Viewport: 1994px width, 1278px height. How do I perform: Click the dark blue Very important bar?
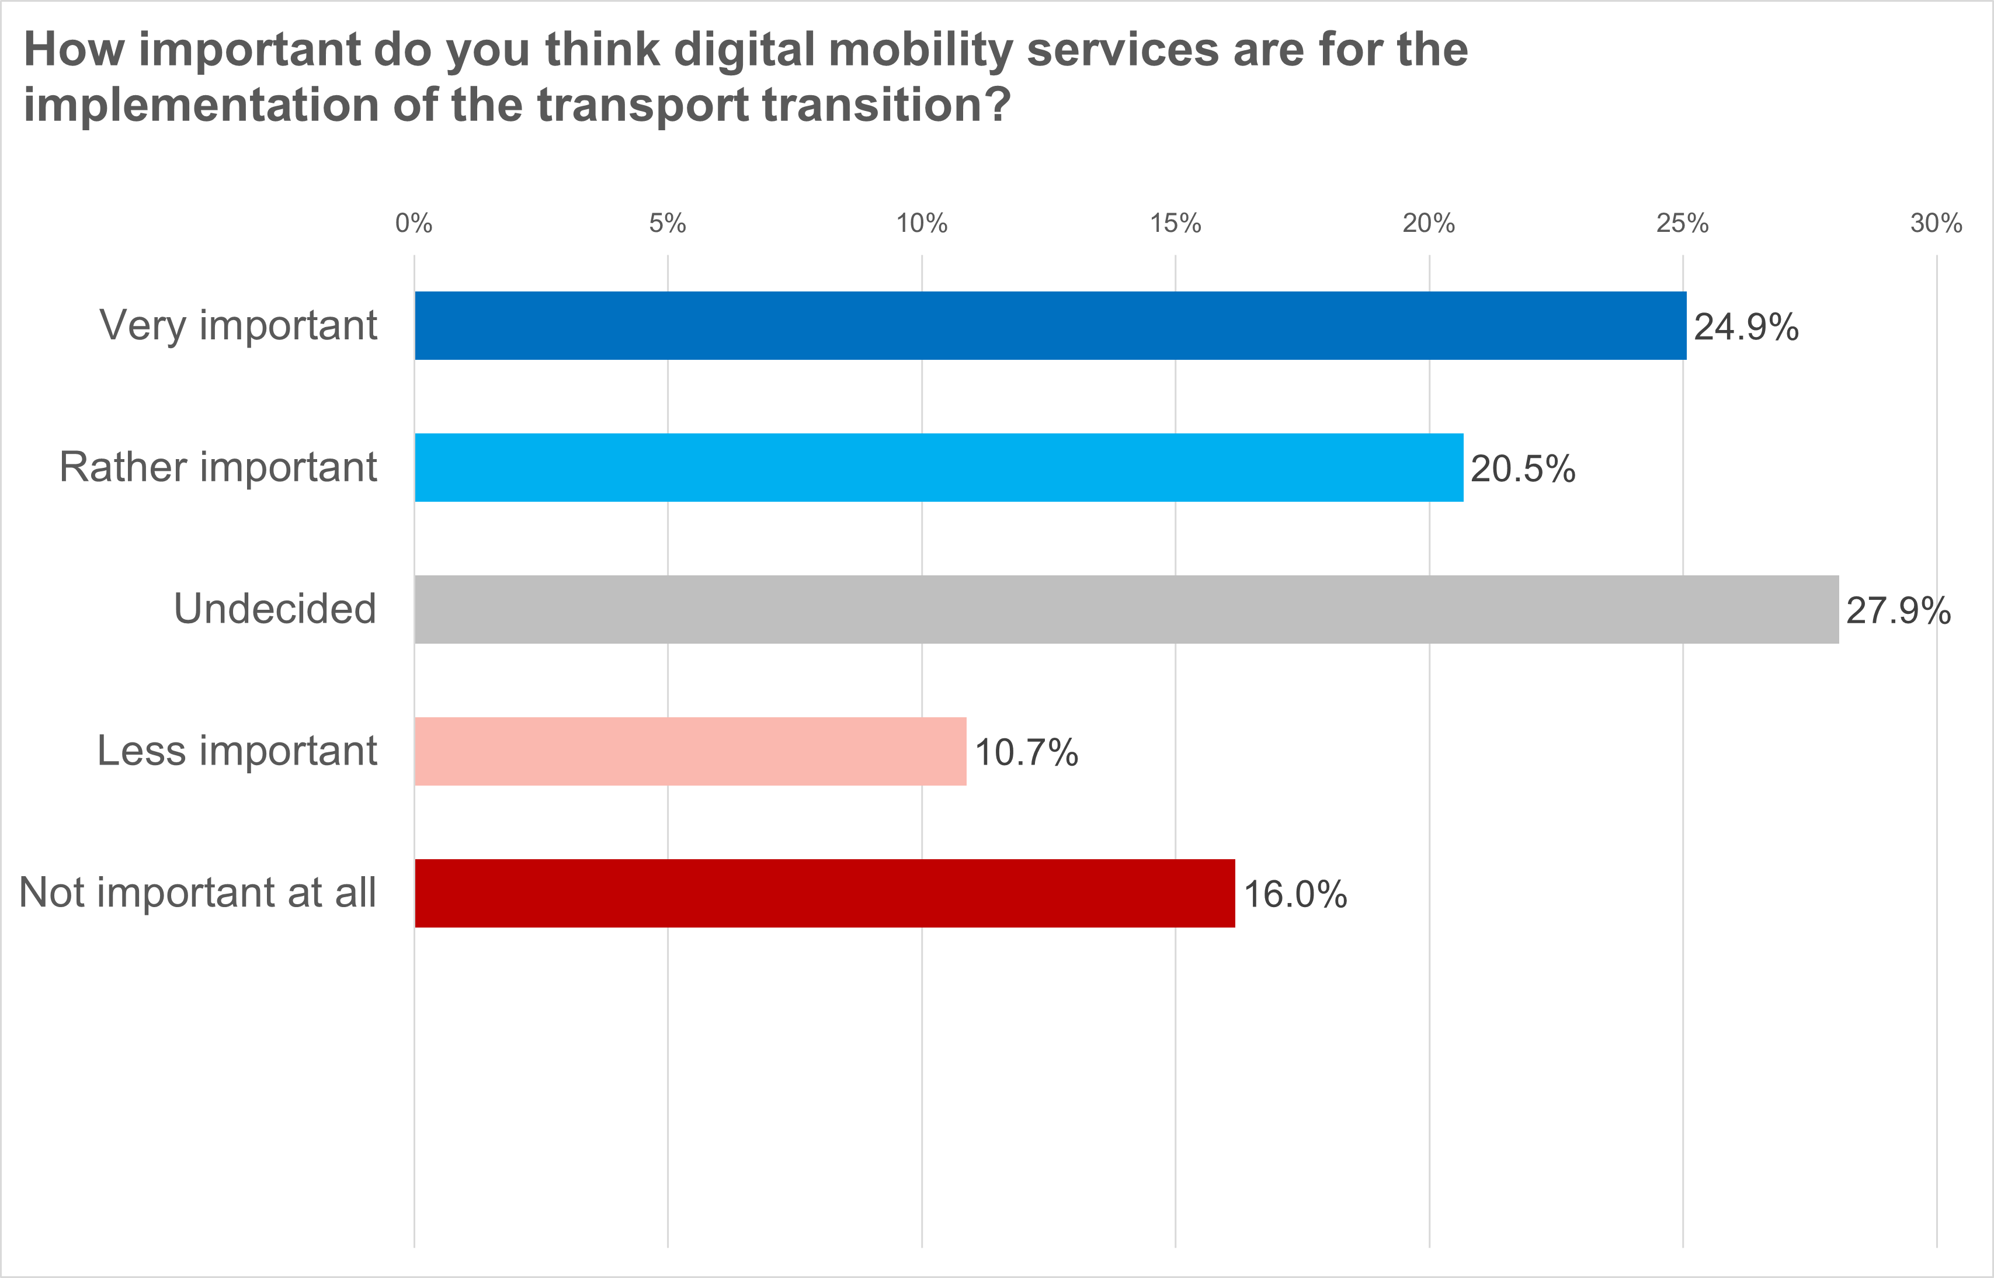[1050, 325]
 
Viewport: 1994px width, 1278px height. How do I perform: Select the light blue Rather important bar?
[939, 467]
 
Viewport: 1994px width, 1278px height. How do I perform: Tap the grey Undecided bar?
[1126, 609]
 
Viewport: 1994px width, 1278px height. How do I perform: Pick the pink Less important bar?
[690, 751]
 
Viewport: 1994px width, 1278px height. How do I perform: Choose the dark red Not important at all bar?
[824, 893]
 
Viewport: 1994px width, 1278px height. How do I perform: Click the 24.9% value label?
[1746, 327]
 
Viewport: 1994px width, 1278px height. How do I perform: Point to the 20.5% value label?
[1523, 469]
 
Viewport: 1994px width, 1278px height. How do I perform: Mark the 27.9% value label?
[1898, 611]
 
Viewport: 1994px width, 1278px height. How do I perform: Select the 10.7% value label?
[1026, 753]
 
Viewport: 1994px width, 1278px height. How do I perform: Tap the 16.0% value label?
[1294, 895]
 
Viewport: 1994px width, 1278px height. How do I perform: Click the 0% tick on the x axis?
[414, 223]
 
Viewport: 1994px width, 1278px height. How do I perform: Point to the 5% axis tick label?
[667, 223]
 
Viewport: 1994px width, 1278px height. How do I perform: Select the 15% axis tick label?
[1175, 223]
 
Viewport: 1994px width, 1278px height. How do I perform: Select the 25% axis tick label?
[1682, 223]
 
